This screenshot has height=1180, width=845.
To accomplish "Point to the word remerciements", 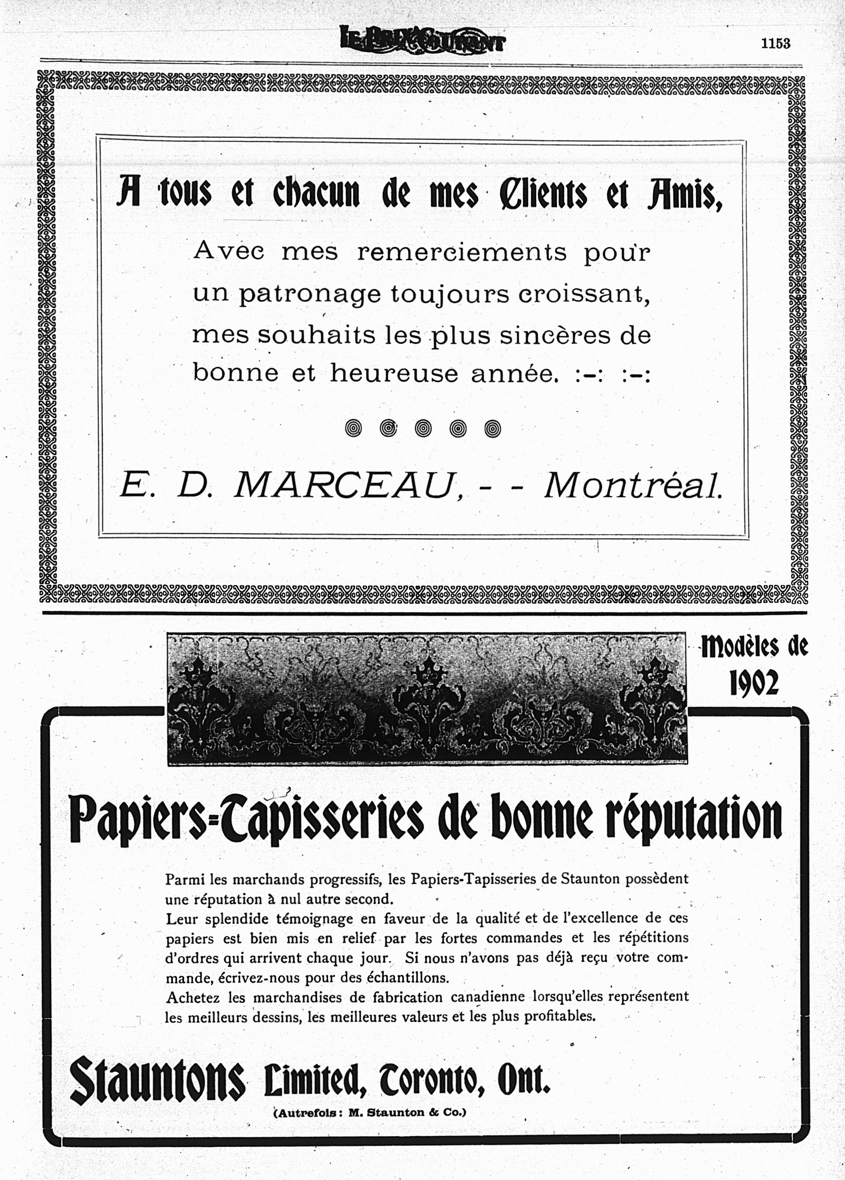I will [461, 253].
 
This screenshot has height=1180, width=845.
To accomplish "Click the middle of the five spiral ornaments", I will [423, 428].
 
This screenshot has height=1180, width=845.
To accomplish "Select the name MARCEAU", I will [344, 487].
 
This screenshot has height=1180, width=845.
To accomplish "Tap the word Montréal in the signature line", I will [633, 487].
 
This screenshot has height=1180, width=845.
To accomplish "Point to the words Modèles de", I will [754, 648].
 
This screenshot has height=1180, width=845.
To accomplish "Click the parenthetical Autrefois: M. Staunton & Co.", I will [370, 1113].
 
